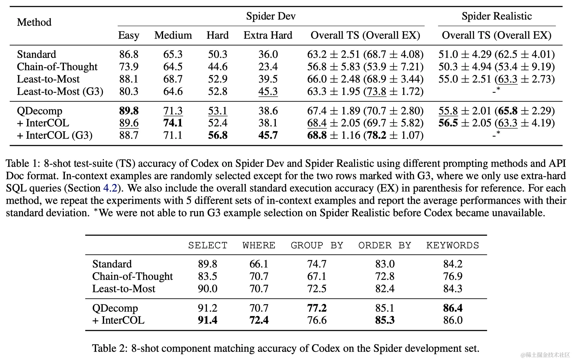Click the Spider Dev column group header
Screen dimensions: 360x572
click(271, 16)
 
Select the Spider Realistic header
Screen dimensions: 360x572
click(496, 16)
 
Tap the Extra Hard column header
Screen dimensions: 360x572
click(268, 35)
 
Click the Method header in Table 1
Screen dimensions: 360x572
click(34, 22)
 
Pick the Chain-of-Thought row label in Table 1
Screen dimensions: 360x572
click(57, 67)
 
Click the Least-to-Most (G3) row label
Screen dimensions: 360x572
click(60, 91)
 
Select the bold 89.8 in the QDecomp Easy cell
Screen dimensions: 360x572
click(129, 111)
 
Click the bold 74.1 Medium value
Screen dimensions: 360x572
click(173, 123)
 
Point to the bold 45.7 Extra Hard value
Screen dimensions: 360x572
click(268, 135)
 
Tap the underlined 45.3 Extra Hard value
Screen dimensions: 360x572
click(268, 91)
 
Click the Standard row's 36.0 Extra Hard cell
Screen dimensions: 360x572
click(268, 54)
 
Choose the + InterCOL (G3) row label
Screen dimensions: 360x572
click(55, 135)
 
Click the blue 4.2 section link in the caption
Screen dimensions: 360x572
click(110, 188)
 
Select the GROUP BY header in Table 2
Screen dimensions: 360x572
click(317, 245)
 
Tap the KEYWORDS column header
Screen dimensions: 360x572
click(452, 245)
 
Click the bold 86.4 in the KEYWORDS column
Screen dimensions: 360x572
click(453, 308)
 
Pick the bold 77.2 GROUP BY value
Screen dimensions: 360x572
click(317, 308)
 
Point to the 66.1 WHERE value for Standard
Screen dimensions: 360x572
click(259, 264)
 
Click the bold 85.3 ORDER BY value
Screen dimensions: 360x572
click(385, 320)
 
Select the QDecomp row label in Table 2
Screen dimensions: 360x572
click(115, 308)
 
